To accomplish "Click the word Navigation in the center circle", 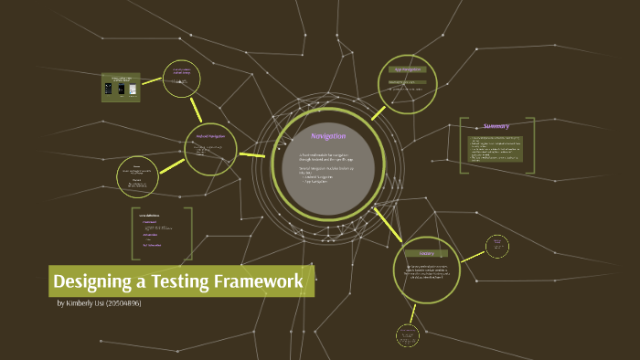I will pyautogui.click(x=327, y=136).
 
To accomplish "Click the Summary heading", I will pyautogui.click(x=497, y=126).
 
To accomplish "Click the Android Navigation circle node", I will pyautogui.click(x=209, y=145).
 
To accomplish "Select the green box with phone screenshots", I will pyautogui.click(x=120, y=87).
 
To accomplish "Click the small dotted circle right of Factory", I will pyautogui.click(x=497, y=245).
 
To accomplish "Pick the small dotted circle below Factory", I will pyautogui.click(x=407, y=335).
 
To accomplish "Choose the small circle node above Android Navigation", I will pyautogui.click(x=181, y=79).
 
